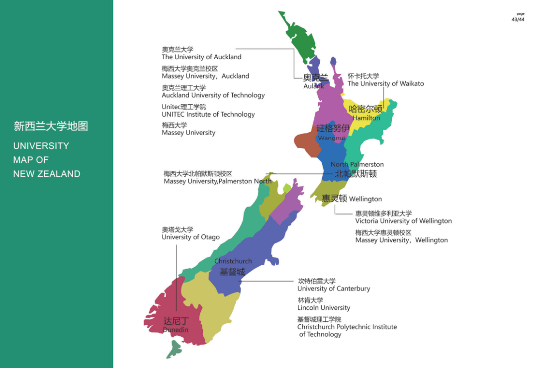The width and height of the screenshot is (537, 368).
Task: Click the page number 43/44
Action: click(x=518, y=19)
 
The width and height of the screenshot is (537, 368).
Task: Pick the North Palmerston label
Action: click(x=357, y=164)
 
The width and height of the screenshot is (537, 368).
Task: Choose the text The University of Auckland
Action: click(x=201, y=57)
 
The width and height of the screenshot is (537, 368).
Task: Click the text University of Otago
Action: click(x=190, y=237)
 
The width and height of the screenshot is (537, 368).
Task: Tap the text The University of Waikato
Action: click(x=385, y=83)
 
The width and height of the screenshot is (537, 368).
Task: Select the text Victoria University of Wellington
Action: click(x=403, y=221)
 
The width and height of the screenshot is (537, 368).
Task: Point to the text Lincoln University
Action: click(x=324, y=308)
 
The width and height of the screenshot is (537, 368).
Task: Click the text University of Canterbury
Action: click(x=334, y=289)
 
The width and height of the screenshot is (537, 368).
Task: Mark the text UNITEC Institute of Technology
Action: click(x=208, y=115)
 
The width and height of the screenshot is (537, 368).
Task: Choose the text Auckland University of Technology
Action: click(x=213, y=95)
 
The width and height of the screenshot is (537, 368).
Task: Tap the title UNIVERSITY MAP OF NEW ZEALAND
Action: click(x=47, y=160)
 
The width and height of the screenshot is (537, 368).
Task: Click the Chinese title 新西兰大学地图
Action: click(x=51, y=126)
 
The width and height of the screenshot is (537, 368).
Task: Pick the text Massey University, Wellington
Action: click(x=401, y=240)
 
